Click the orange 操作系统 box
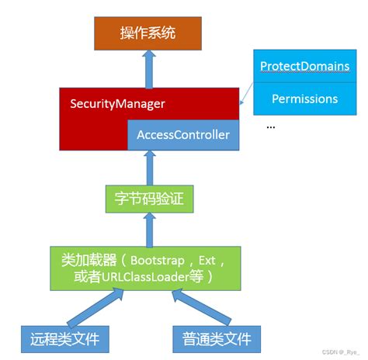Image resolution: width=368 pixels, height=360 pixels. (149, 33)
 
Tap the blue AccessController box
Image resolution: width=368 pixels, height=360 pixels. (183, 134)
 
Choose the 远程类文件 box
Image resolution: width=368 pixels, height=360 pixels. (65, 339)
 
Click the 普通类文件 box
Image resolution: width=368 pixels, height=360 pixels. (218, 339)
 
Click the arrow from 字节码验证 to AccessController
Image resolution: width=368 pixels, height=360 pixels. (148, 166)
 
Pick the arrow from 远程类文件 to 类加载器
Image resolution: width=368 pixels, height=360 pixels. (88, 307)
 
